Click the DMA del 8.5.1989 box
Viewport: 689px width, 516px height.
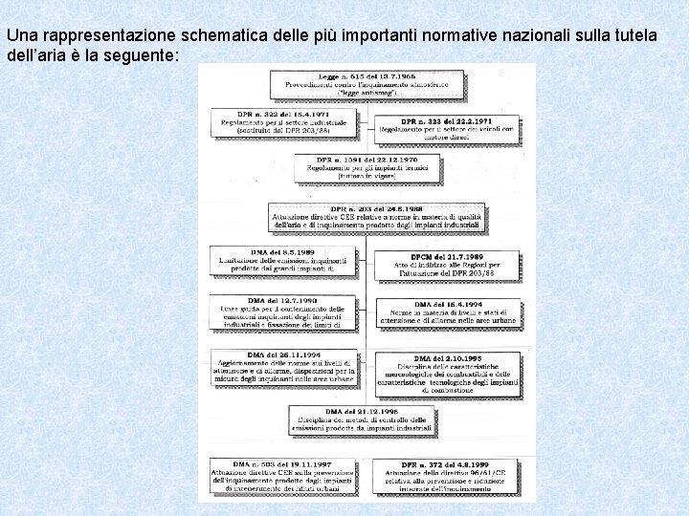coord(283,260)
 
